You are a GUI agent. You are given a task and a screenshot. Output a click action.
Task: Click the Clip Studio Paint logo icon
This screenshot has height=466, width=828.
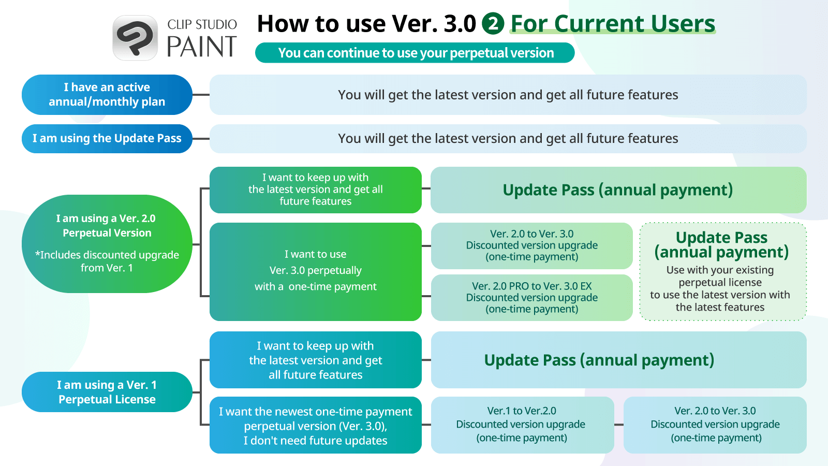pyautogui.click(x=135, y=38)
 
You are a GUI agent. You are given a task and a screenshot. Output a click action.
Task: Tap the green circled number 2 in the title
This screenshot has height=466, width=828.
pyautogui.click(x=493, y=24)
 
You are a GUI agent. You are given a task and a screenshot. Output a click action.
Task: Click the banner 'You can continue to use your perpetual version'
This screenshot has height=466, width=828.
pyautogui.click(x=415, y=53)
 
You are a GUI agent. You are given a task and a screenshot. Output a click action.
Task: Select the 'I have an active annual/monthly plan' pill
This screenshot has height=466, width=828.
pyautogui.click(x=107, y=95)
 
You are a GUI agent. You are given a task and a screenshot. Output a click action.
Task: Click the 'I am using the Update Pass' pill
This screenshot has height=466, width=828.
pyautogui.click(x=107, y=139)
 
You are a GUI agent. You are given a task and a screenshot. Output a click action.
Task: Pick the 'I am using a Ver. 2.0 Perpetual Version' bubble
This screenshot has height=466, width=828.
pyautogui.click(x=107, y=244)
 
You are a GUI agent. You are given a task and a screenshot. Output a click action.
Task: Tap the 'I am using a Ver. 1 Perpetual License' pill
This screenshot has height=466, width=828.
pyautogui.click(x=107, y=392)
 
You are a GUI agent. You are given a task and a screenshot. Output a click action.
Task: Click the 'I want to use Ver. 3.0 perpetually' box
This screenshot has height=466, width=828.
pyautogui.click(x=315, y=271)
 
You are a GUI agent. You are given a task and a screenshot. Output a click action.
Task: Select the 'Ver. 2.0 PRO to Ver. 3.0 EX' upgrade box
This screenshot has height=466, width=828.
pyautogui.click(x=531, y=297)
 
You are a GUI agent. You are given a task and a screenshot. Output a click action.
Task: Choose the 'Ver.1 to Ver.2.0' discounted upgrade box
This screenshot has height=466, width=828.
pyautogui.click(x=522, y=425)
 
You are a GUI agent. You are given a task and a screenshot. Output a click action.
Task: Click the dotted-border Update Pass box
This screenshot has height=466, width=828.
pyautogui.click(x=723, y=271)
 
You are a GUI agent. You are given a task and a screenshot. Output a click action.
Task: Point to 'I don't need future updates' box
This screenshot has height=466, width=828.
pyautogui.click(x=315, y=425)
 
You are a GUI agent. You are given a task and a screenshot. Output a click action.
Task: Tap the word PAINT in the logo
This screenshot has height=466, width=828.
pyautogui.click(x=201, y=47)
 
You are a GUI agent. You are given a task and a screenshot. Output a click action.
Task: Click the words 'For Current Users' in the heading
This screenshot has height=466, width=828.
pyautogui.click(x=613, y=24)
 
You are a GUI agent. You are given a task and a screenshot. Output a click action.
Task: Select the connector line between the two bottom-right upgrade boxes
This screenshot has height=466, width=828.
pyautogui.click(x=619, y=425)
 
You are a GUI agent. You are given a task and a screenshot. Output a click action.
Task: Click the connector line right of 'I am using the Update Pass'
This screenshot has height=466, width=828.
pyautogui.click(x=201, y=139)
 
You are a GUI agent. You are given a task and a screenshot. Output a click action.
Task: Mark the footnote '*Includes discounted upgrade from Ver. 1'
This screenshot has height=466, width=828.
pyautogui.click(x=107, y=261)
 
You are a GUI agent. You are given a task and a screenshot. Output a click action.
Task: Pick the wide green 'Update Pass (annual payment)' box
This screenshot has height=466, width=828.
pyautogui.click(x=618, y=190)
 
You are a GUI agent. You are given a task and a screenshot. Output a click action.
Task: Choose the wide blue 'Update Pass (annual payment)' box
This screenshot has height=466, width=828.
pyautogui.click(x=618, y=360)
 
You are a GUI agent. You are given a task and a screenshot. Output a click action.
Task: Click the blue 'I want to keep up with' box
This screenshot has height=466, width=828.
pyautogui.click(x=315, y=360)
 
